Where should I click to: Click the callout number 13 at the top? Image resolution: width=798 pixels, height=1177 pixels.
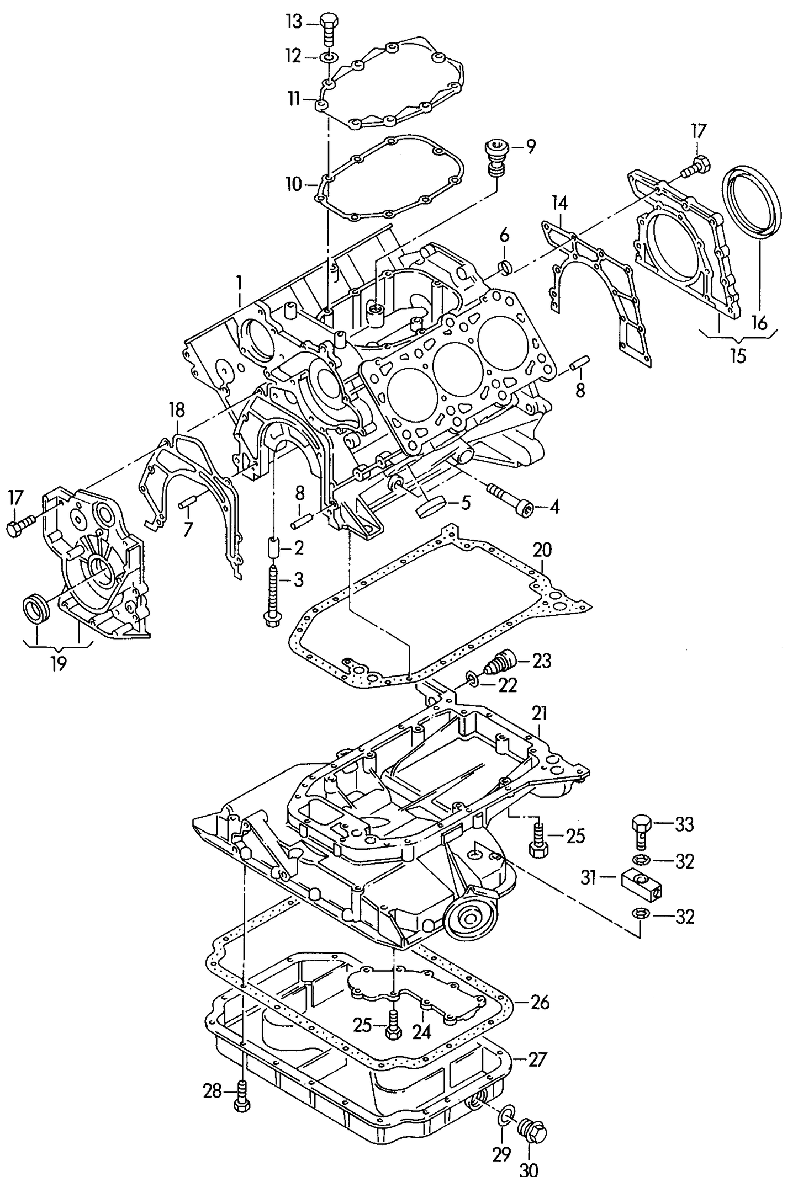coord(294,23)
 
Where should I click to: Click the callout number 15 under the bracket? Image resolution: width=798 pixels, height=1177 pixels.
coord(738,356)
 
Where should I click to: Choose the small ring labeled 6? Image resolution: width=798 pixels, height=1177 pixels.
coord(506,268)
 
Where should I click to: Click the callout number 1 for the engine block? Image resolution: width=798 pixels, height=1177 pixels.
coord(239,284)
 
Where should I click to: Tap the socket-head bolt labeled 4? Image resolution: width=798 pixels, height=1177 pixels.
coord(511,500)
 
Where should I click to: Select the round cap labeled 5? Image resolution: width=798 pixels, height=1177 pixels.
coord(430,507)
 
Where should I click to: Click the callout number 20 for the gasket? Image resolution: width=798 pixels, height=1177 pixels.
coord(542,550)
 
